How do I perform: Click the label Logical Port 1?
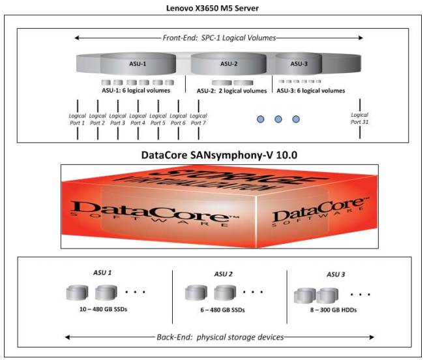pyautogui.click(x=78, y=119)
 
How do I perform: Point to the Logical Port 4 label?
pyautogui.click(x=138, y=119)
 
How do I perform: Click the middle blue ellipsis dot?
pyautogui.click(x=278, y=119)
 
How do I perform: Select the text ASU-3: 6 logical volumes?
pyautogui.click(x=312, y=91)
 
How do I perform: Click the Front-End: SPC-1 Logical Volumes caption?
pyautogui.click(x=218, y=37)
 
